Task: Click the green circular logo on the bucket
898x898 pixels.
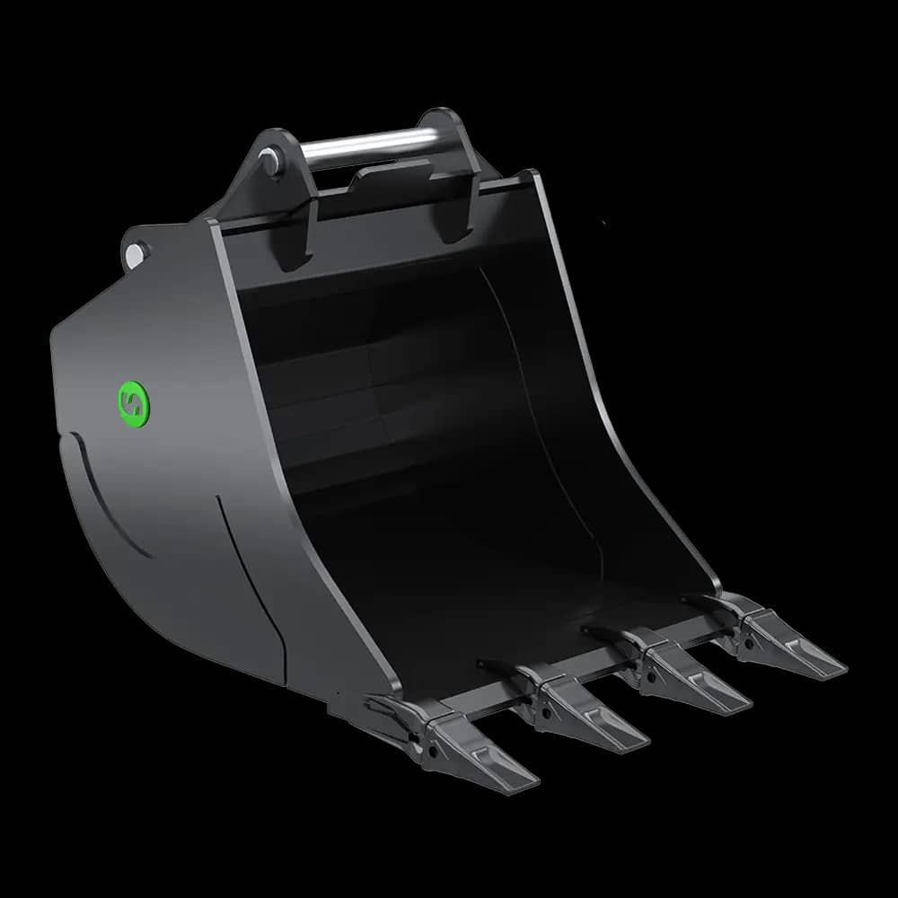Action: tap(135, 402)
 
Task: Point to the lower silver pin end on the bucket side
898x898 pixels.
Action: tap(134, 254)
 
